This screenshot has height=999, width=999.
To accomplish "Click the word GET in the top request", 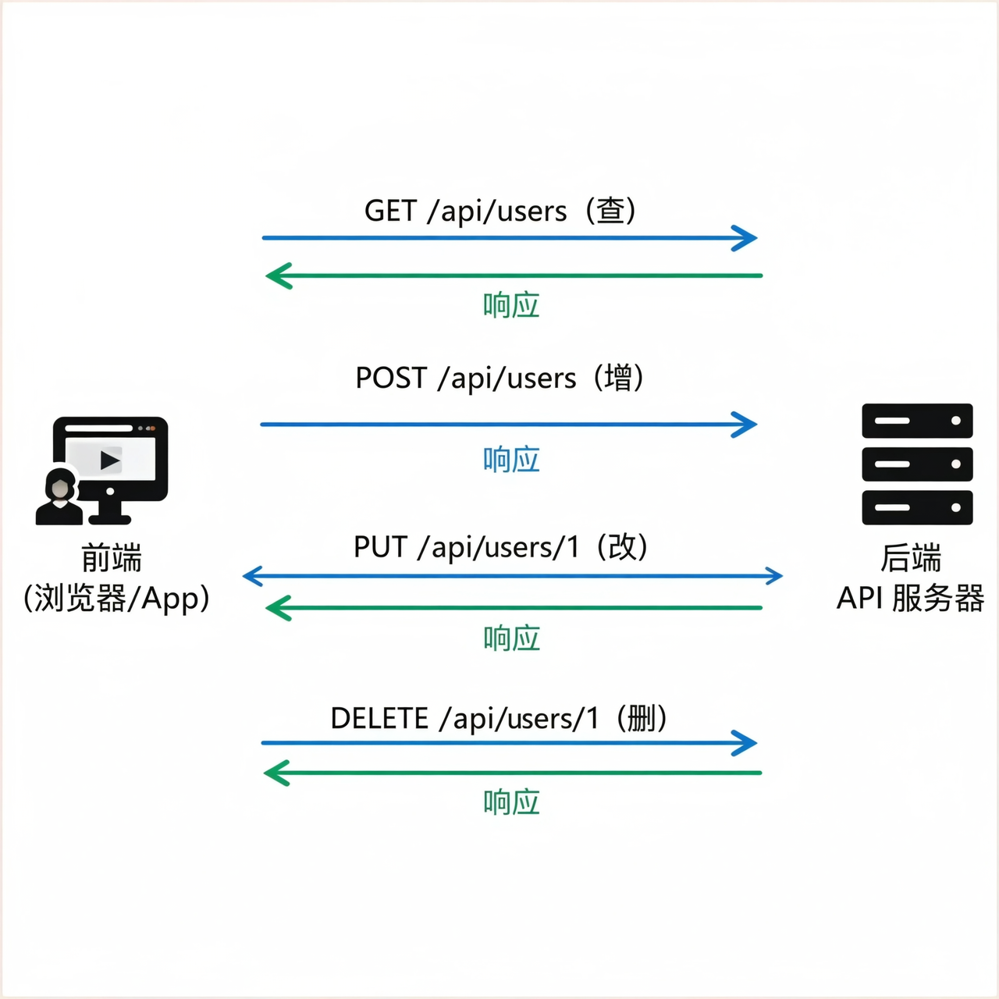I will pyautogui.click(x=390, y=211).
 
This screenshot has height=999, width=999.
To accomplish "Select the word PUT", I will pyautogui.click(x=380, y=547).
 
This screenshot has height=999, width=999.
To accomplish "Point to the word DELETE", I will pyautogui.click(x=379, y=718).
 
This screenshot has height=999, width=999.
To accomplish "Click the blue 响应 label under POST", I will pyautogui.click(x=511, y=460).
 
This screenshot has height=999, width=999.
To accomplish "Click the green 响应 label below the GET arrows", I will pyautogui.click(x=511, y=305).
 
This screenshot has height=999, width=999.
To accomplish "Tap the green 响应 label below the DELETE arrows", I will pyautogui.click(x=511, y=802).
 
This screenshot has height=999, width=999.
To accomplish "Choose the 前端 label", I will pyautogui.click(x=112, y=559).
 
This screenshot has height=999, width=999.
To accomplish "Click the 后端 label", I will pyautogui.click(x=911, y=559).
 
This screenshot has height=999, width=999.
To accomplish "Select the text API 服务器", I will pyautogui.click(x=910, y=599).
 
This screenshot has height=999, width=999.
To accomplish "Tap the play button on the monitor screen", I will pyautogui.click(x=110, y=460).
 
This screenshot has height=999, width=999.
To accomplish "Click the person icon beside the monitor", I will pyautogui.click(x=59, y=497).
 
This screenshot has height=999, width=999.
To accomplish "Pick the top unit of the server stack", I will pyautogui.click(x=917, y=421).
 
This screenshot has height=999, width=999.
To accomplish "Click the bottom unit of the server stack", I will pyautogui.click(x=917, y=507).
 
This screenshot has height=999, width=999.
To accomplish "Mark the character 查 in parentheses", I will pyautogui.click(x=610, y=211).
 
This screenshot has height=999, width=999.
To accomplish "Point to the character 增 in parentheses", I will pyautogui.click(x=618, y=378).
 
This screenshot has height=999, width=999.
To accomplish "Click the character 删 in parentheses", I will pyautogui.click(x=642, y=718).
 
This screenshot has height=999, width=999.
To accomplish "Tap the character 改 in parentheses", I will pyautogui.click(x=622, y=547).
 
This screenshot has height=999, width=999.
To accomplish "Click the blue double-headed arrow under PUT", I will pyautogui.click(x=512, y=576).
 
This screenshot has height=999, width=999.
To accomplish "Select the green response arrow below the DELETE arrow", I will pyautogui.click(x=512, y=773).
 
